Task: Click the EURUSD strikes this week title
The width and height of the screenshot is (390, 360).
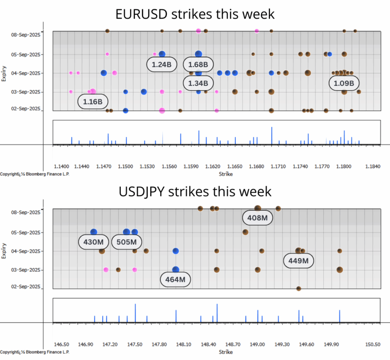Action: coord(195,14)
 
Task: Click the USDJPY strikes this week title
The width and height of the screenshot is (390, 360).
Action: coord(195,191)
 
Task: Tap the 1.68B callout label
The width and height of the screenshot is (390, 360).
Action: coord(198,65)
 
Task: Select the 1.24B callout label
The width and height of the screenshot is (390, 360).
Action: coord(162,65)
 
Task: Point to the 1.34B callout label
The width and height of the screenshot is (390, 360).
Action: coord(198,83)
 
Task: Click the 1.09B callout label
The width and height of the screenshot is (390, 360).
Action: coord(344,83)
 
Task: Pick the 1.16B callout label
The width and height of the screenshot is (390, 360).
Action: coord(93,102)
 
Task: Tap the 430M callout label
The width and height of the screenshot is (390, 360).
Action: coord(94,242)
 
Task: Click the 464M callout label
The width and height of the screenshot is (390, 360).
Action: coord(175,280)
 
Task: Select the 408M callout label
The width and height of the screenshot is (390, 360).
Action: coord(257,218)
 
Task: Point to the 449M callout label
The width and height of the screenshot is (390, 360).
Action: coord(298,261)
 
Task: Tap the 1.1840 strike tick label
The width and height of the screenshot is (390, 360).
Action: coord(373,166)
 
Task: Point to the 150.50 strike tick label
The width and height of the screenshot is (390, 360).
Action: coord(373,344)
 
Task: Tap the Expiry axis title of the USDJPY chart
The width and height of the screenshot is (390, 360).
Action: coord(4,251)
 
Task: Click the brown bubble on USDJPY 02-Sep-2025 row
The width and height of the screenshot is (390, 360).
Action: coord(299,288)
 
